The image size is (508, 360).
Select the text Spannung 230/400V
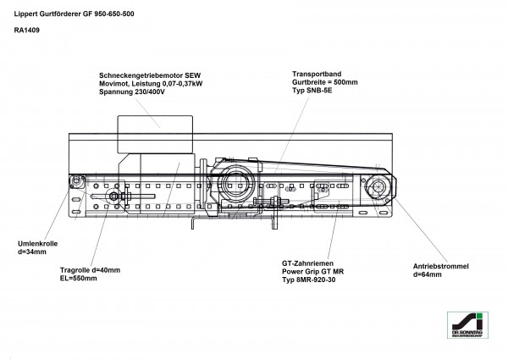(x=134, y=91)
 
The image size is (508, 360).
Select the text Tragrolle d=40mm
(x=91, y=270)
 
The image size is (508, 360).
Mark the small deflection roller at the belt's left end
(x=78, y=180)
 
